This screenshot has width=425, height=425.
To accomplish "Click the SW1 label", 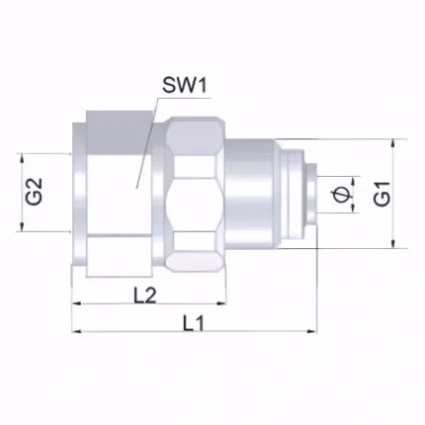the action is (185, 85).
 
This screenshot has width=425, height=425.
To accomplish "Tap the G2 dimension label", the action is (35, 192).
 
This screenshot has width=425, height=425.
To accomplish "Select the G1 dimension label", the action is (382, 195).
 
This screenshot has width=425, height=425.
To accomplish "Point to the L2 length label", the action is (144, 296).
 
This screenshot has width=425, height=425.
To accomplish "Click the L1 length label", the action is (194, 323).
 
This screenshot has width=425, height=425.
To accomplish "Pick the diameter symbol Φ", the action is (340, 195).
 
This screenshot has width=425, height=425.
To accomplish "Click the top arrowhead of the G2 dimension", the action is (22, 158).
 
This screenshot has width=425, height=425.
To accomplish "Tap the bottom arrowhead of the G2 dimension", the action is (22, 226).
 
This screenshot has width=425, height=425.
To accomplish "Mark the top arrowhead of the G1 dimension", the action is (392, 144).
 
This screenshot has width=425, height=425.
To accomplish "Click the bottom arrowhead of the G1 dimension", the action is (392, 243).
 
